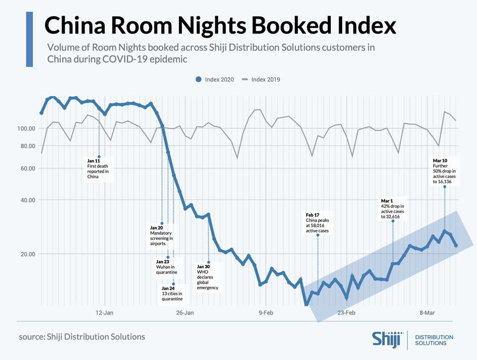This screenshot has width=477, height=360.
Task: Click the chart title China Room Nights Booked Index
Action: point(220,26)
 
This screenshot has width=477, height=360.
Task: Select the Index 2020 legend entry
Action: point(215,79)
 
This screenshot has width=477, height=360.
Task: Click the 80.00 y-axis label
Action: point(27,146)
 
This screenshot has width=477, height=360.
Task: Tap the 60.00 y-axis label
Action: point(27,169)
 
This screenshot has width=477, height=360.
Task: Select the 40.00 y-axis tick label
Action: point(27,200)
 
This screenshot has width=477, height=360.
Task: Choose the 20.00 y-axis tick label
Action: point(27,254)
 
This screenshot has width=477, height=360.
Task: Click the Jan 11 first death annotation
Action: point(98,169)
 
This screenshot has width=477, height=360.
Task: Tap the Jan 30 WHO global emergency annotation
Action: point(207,277)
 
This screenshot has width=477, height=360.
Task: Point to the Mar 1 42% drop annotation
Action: point(392,209)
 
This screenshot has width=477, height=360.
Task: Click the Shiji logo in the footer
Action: point(386,339)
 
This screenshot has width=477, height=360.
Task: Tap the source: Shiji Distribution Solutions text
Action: point(82,336)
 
